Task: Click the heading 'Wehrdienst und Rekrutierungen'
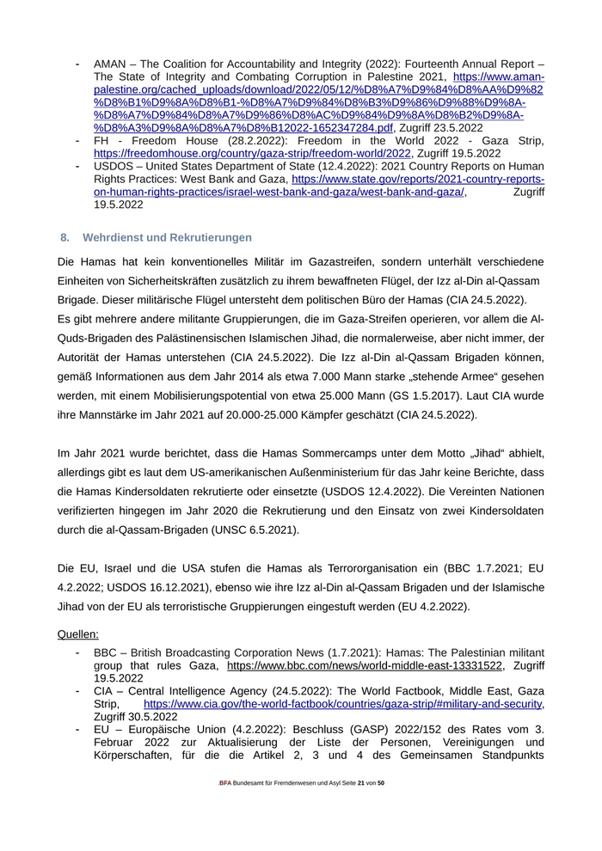click(167, 237)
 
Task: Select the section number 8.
click(64, 237)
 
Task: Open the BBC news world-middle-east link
click(364, 665)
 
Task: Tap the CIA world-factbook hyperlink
click(343, 704)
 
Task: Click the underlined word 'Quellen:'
click(78, 634)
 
